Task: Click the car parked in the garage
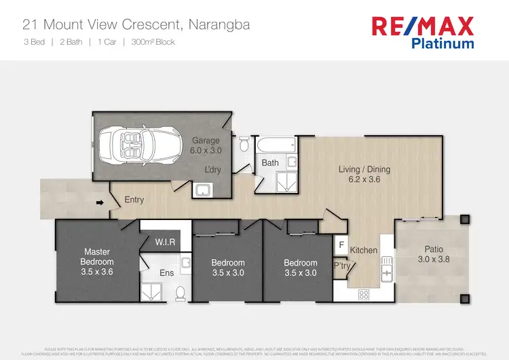pyautogui.click(x=134, y=146)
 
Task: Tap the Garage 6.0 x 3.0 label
pyautogui.click(x=205, y=146)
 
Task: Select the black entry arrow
pyautogui.click(x=100, y=202)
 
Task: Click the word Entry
pyautogui.click(x=134, y=200)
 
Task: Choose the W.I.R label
pyautogui.click(x=166, y=242)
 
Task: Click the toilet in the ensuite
pyautogui.click(x=181, y=292)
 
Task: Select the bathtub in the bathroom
pyautogui.click(x=277, y=144)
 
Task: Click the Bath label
pyautogui.click(x=270, y=163)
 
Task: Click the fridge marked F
pyautogui.click(x=341, y=244)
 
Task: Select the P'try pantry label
pyautogui.click(x=341, y=266)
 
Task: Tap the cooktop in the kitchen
pyautogui.click(x=363, y=294)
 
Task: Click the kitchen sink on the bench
pyautogui.click(x=386, y=268)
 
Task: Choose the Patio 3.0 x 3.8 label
pyautogui.click(x=433, y=254)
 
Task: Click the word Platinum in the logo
pyautogui.click(x=442, y=43)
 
